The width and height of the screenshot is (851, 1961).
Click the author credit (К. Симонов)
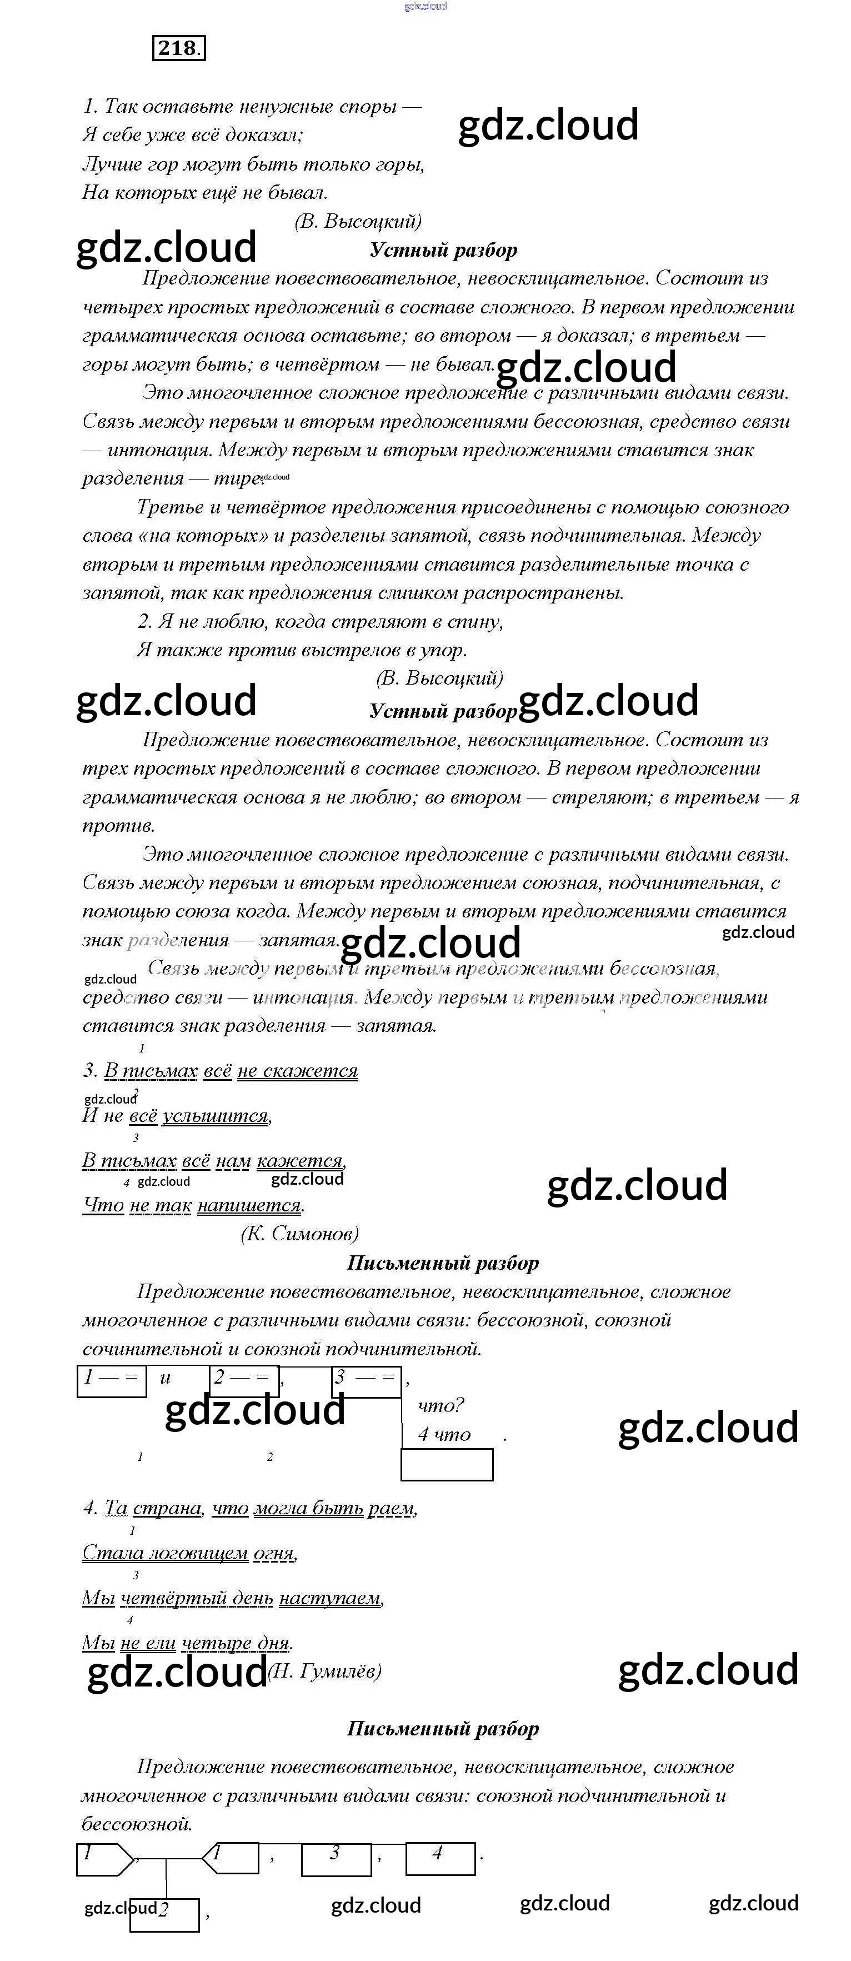click(299, 1233)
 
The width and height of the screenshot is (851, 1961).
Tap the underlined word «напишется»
click(249, 1205)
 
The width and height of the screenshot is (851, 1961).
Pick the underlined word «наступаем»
click(329, 1598)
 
